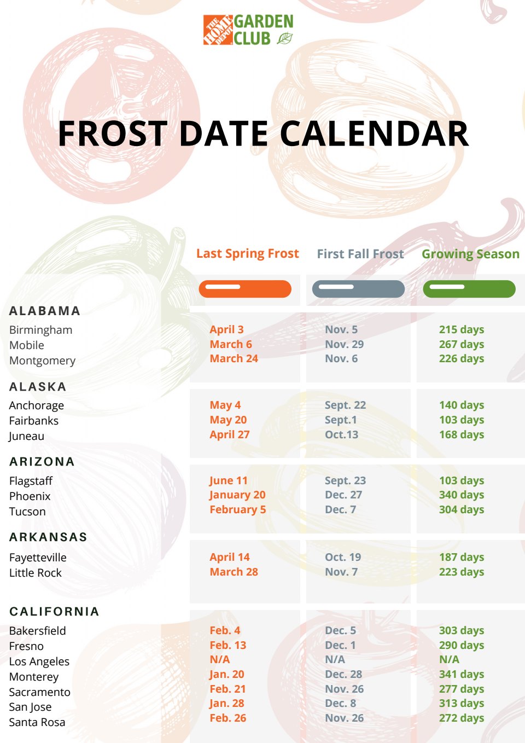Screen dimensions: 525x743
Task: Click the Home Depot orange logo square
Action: coord(218,30)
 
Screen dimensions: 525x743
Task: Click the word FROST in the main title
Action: coord(113,133)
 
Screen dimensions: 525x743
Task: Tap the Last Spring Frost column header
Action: coord(248,253)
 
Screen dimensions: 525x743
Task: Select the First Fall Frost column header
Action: coord(360,254)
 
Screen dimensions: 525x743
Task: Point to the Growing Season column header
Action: coord(470,254)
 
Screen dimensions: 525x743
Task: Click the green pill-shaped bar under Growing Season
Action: coord(469,289)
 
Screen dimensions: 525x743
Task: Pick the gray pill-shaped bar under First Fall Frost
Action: coord(358,289)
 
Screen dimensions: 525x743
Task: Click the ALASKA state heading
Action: coord(38,387)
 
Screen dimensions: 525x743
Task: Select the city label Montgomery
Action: coord(43,361)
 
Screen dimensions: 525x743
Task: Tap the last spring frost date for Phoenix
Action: coord(237,495)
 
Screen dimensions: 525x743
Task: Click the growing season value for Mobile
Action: coord(462,344)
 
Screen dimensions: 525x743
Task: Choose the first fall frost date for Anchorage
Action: coord(346,405)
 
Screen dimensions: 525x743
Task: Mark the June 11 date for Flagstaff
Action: coord(229,480)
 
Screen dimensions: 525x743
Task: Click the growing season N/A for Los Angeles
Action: coord(449,659)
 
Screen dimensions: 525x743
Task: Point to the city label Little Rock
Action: coord(36,573)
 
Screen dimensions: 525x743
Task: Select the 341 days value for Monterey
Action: coord(462,675)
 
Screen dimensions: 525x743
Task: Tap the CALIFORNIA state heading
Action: coord(54,611)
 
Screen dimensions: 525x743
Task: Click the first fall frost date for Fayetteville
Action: coord(343,557)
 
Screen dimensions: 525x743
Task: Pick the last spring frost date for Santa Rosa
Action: coord(228,718)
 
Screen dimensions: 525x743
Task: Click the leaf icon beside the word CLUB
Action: coord(285,38)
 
